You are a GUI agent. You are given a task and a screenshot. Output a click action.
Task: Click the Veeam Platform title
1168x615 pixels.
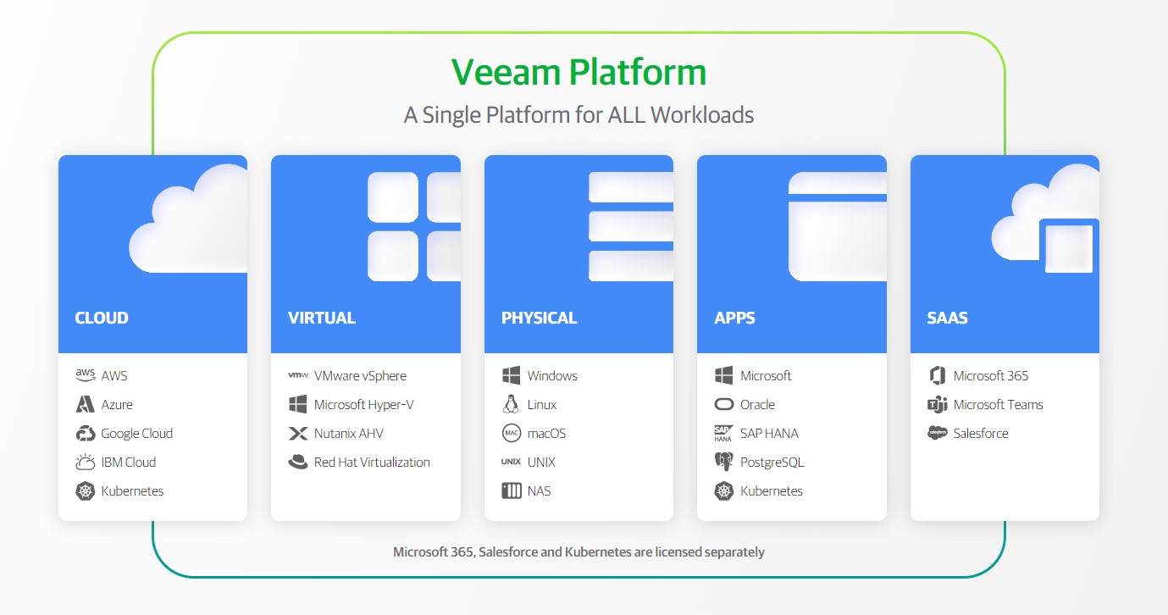578,72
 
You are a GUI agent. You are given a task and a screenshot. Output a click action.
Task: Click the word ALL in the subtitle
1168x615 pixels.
627,115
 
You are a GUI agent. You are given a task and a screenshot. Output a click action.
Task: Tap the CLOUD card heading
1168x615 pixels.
102,319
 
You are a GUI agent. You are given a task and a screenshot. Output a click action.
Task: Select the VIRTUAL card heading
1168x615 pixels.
322,319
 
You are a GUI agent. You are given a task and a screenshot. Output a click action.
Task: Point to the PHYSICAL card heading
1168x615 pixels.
539,319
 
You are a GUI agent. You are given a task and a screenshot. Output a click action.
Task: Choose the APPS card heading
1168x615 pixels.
734,319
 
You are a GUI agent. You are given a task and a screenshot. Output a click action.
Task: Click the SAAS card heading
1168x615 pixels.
947,319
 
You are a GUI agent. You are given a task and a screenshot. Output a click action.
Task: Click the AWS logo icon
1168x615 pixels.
85,375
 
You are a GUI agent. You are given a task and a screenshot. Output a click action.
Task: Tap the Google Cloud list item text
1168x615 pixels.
136,434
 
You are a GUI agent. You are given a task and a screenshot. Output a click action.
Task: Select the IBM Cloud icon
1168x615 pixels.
85,463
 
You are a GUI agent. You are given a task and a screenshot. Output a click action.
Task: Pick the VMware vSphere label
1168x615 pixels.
360,376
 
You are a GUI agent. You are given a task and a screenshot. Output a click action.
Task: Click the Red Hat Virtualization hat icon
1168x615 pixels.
298,463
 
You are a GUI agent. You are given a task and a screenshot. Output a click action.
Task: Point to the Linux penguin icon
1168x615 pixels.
511,405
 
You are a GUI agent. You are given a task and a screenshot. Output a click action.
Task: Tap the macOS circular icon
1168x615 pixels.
511,434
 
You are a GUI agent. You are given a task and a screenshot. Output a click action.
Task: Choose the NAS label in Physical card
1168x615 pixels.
539,491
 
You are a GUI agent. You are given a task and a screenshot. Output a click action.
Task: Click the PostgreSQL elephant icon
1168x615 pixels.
723,463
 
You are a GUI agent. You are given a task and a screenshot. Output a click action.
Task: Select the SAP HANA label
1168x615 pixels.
769,434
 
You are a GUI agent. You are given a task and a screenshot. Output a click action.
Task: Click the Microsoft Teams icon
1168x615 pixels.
937,405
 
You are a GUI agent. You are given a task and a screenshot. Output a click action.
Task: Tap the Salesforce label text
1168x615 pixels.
981,434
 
